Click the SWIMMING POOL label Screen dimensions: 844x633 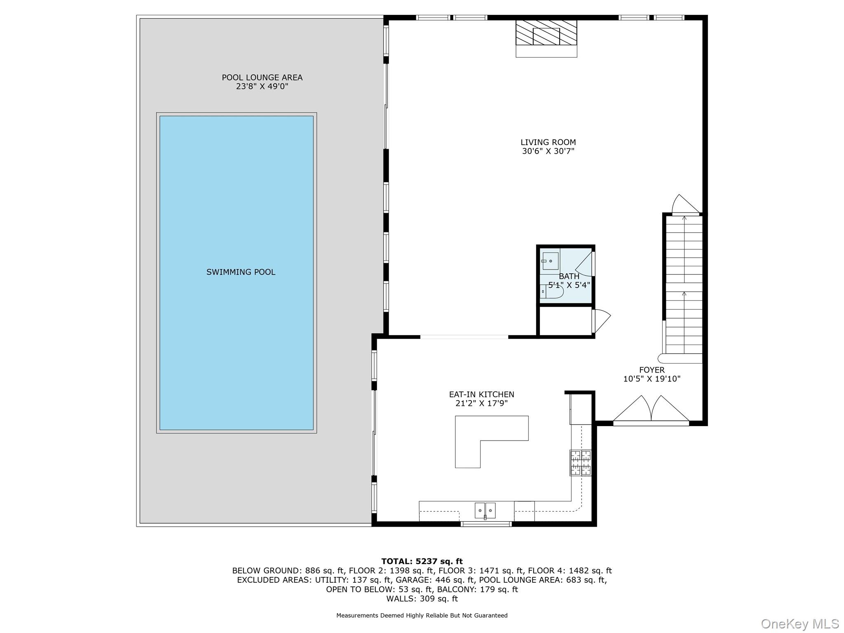point(241,272)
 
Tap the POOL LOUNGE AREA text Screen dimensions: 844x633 point(262,77)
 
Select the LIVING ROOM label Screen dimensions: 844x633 point(548,143)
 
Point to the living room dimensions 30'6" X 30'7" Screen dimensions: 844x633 point(548,151)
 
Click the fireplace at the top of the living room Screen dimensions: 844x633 point(546,37)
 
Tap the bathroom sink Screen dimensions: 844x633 point(550,261)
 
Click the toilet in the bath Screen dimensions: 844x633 point(552,291)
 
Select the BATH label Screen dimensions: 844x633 point(569,277)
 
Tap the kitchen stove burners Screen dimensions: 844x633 point(580,462)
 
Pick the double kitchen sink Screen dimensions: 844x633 point(485,510)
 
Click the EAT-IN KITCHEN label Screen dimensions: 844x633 point(481,394)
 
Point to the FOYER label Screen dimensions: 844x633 point(652,370)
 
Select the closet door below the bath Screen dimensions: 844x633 point(600,321)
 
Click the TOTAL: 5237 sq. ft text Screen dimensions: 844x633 point(422,561)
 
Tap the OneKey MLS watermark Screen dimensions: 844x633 point(799,624)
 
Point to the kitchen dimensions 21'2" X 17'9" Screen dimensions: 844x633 point(481,403)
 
